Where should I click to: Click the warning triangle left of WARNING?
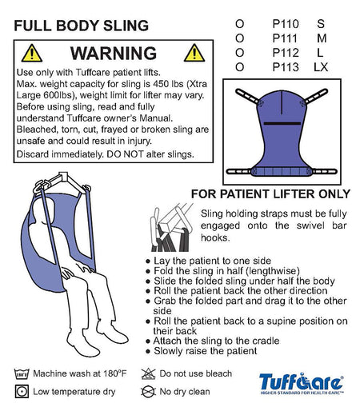pos(32,54)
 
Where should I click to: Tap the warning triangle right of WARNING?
pos(194,53)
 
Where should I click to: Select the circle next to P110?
pos(239,24)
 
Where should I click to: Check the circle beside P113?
pos(239,67)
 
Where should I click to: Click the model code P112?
pos(286,53)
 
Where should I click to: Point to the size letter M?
pos(322,38)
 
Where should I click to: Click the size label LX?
pos(321,67)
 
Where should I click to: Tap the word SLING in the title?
pos(126,26)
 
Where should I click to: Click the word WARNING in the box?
pos(114,54)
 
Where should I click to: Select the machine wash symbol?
pos(22,373)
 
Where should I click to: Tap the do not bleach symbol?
pos(148,373)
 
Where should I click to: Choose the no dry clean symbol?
pos(148,392)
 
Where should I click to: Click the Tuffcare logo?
pos(302,383)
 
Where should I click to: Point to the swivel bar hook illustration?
pos(172,227)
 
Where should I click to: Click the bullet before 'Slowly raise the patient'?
pos(148,351)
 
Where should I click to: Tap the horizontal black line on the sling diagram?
pos(282,123)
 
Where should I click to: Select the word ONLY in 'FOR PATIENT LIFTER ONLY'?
pos(334,194)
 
